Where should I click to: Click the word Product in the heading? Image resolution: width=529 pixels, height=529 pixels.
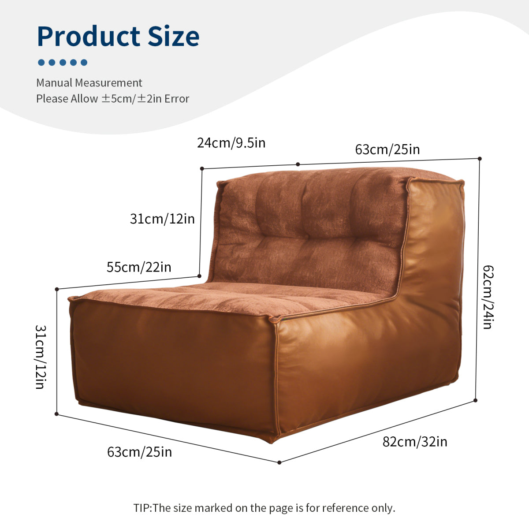click(x=89, y=36)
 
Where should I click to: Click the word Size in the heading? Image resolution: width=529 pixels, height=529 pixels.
click(x=174, y=36)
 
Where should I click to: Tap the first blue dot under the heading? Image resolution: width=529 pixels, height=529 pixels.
click(x=41, y=62)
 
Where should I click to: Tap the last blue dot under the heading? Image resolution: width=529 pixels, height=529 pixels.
click(x=84, y=62)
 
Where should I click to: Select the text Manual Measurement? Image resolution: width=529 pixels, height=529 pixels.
click(x=89, y=82)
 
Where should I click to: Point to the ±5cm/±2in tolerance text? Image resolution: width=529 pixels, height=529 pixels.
click(x=131, y=99)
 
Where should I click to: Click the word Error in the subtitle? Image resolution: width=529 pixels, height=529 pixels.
click(x=177, y=99)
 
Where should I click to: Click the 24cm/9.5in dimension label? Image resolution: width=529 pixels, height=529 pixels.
click(x=231, y=143)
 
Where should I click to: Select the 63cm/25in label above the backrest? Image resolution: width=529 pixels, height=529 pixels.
click(x=387, y=149)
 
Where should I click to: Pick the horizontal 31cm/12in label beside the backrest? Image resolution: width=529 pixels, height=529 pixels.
click(x=162, y=219)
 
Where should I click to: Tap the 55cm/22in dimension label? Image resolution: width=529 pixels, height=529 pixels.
click(x=139, y=267)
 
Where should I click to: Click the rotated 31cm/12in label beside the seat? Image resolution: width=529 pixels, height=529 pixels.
click(x=41, y=357)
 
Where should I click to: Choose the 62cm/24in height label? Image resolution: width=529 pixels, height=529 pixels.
click(x=488, y=297)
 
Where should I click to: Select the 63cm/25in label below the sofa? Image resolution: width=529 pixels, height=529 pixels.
click(x=139, y=452)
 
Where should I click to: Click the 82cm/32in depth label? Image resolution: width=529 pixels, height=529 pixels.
click(x=415, y=442)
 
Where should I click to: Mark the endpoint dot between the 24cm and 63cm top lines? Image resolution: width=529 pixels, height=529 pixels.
click(x=298, y=164)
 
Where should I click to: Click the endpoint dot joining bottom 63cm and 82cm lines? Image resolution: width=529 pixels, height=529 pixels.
click(x=279, y=462)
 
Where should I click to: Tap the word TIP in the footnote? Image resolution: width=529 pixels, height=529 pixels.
click(x=142, y=508)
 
